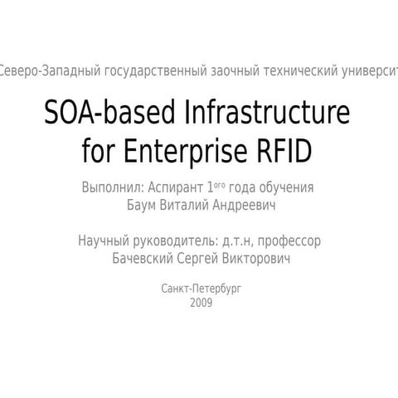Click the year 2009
(201, 303)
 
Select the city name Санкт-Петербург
(201, 289)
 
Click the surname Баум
(139, 204)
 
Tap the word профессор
(289, 241)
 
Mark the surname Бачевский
(142, 259)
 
